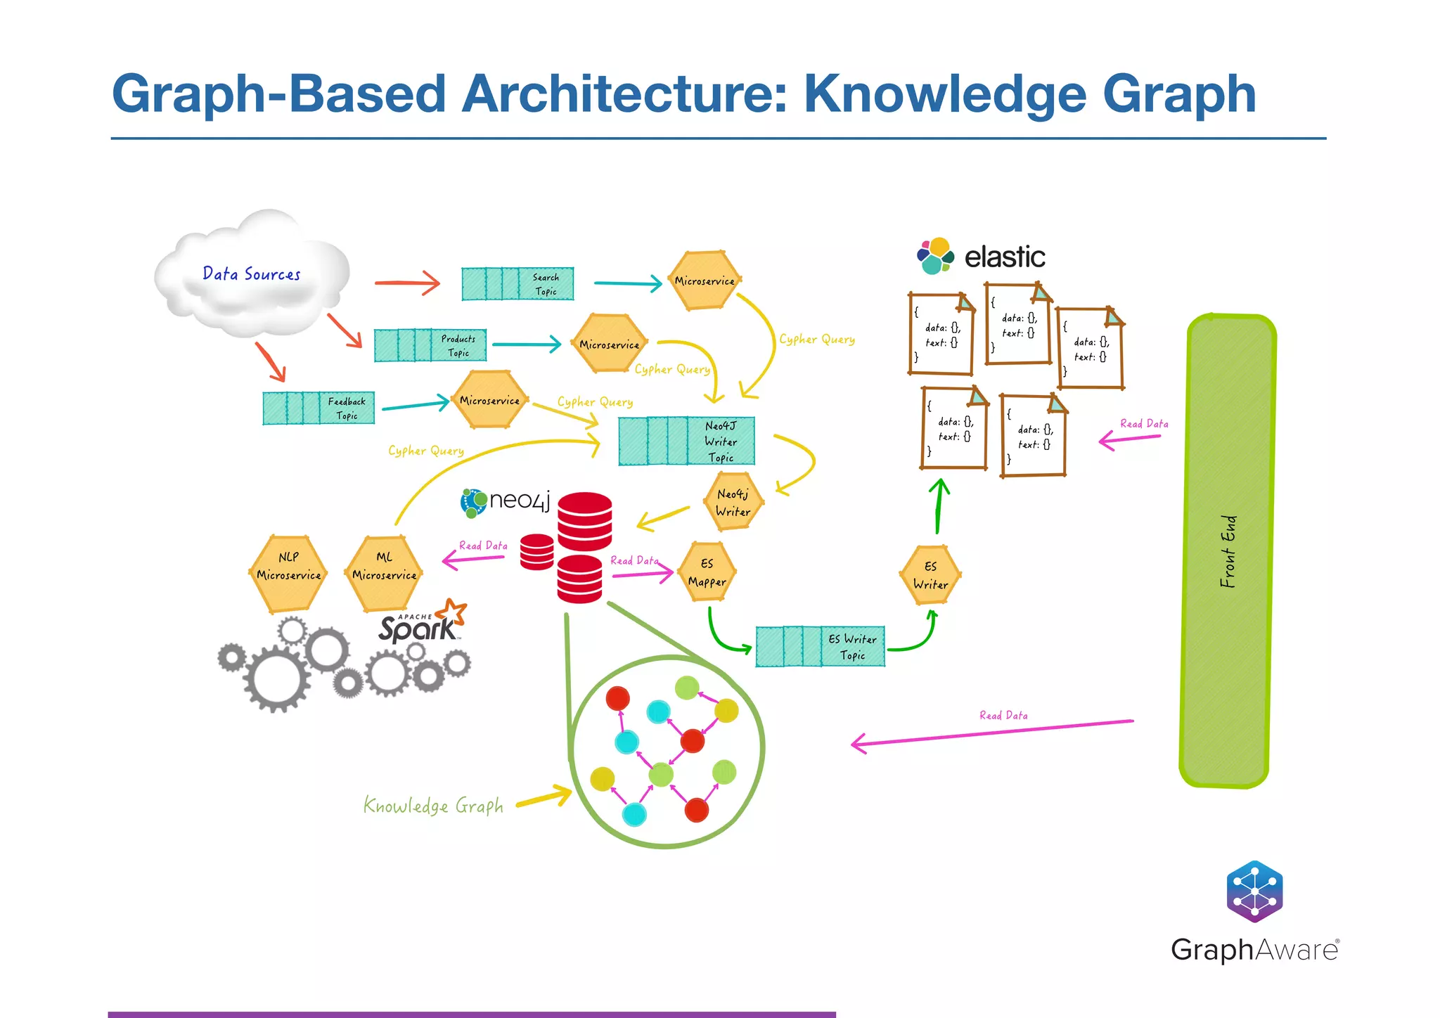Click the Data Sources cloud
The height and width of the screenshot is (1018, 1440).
pos(251,274)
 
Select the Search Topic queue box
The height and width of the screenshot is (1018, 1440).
pos(517,284)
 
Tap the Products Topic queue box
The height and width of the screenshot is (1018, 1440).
pos(430,345)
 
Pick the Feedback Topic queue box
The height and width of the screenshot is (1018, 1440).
pos(319,408)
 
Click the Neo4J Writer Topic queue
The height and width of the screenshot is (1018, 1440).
pos(686,442)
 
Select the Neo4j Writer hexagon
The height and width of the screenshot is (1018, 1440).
pos(733,502)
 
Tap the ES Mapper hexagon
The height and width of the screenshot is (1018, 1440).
pos(707,572)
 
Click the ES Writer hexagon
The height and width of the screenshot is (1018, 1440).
pos(930,575)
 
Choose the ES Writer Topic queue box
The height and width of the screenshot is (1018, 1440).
pos(820,647)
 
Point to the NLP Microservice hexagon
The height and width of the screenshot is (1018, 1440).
pos(288,574)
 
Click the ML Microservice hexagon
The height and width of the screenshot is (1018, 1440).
pos(384,574)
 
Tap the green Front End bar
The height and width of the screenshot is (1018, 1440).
pos(1227,551)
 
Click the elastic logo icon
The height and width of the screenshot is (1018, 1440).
pos(935,256)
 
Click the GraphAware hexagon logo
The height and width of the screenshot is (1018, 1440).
pos(1254,891)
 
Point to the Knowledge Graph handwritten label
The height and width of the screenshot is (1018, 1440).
pos(433,806)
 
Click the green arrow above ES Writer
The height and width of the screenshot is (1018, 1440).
pos(939,506)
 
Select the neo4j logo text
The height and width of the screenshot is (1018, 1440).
pos(520,501)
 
